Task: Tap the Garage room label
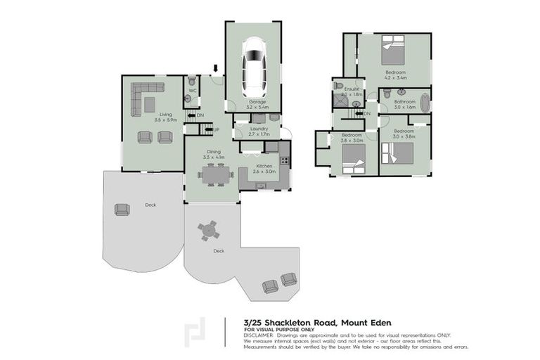pos(257,102)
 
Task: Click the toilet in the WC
pos(191,82)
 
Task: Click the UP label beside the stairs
pos(216,130)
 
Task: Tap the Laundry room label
pos(260,128)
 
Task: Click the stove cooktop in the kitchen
pos(285,160)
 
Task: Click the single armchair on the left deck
pos(122,209)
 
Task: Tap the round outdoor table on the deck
pos(208,230)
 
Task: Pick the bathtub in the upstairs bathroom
pos(423,101)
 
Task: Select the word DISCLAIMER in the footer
pos(258,335)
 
